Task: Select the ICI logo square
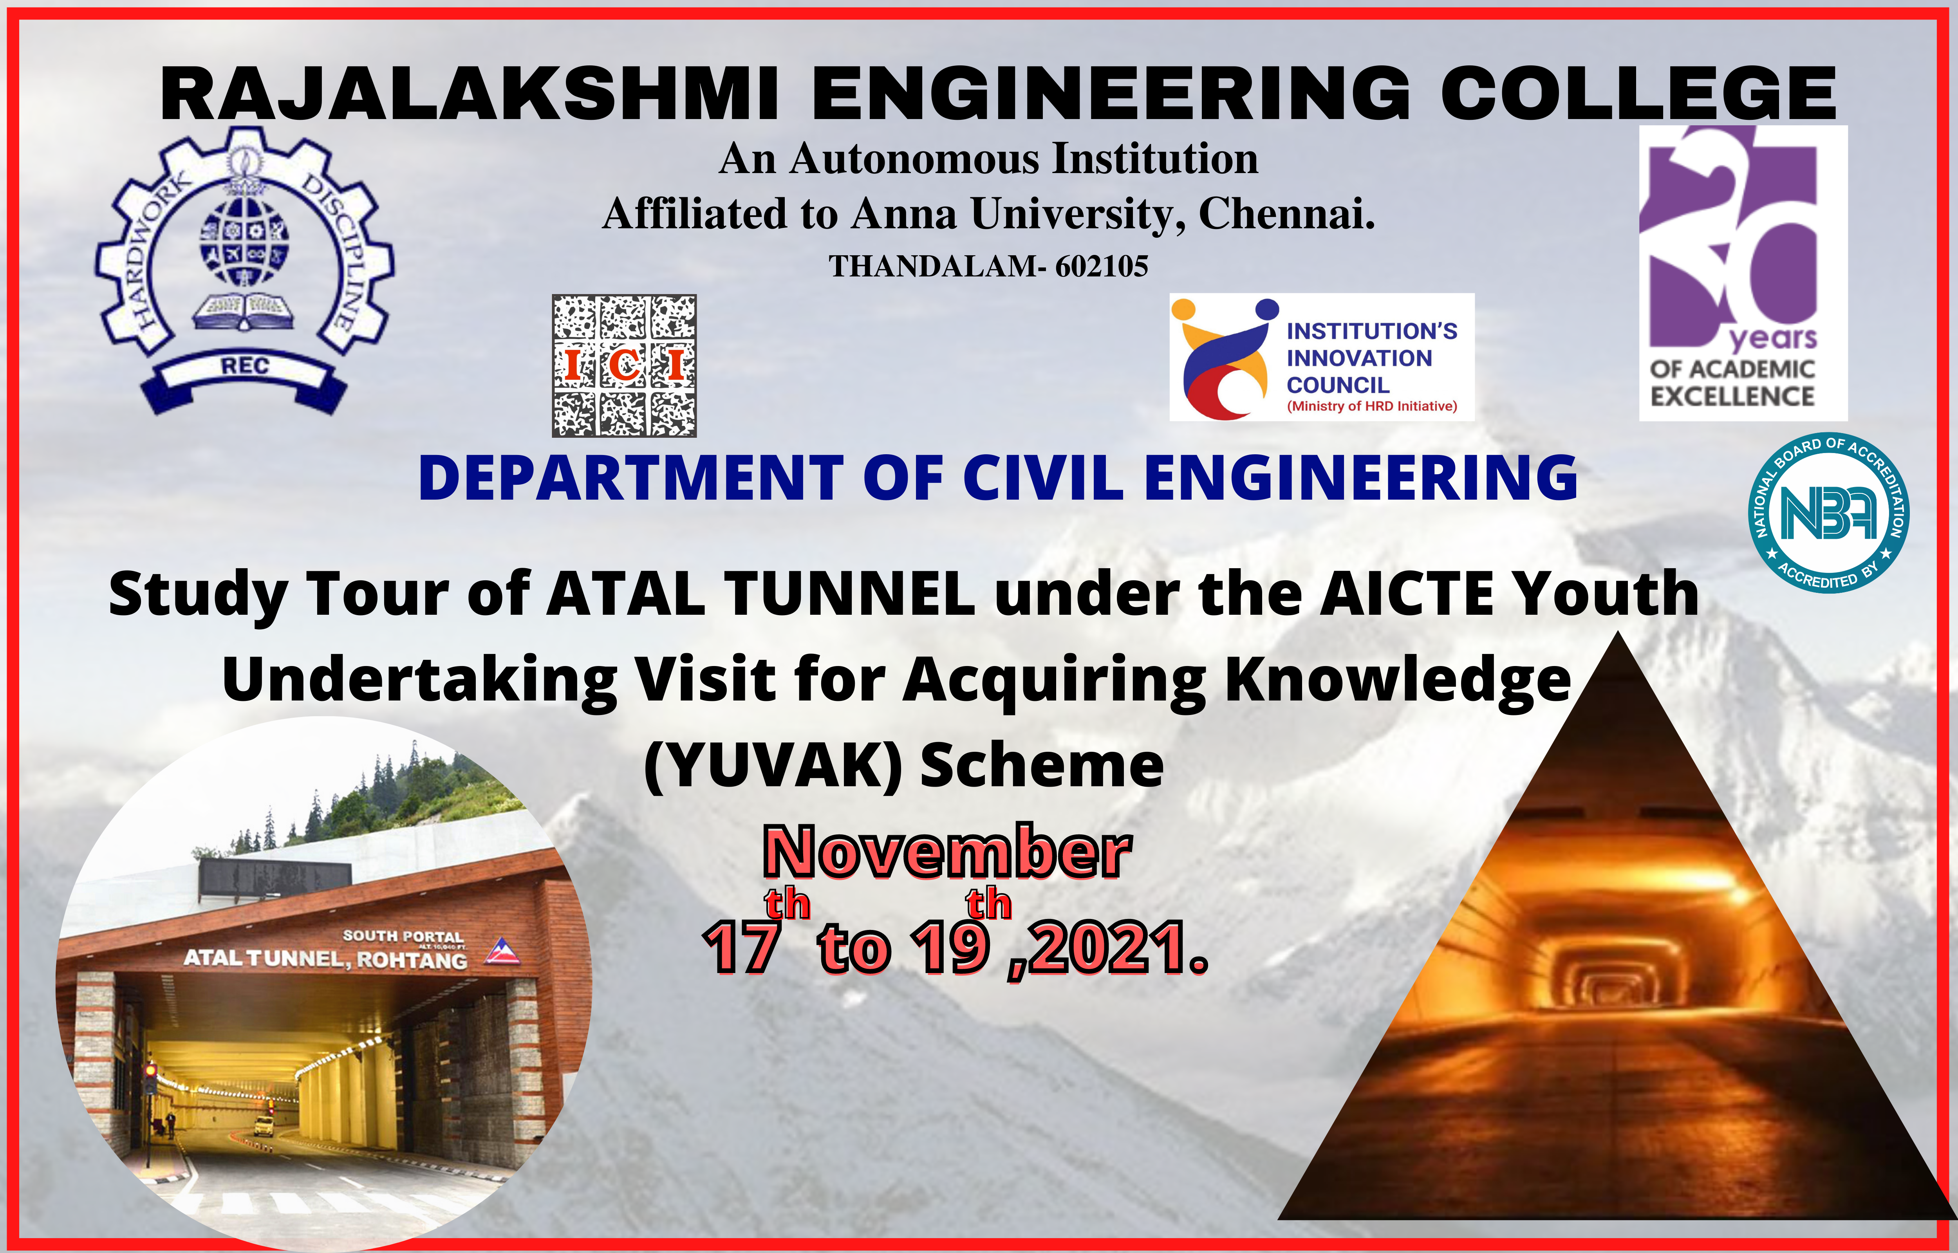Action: [624, 366]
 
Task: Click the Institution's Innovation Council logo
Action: [1322, 357]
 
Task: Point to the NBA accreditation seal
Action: [1829, 513]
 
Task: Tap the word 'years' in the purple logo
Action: [1773, 337]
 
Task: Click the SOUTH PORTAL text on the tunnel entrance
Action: [403, 937]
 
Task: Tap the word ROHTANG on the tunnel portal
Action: [412, 960]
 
